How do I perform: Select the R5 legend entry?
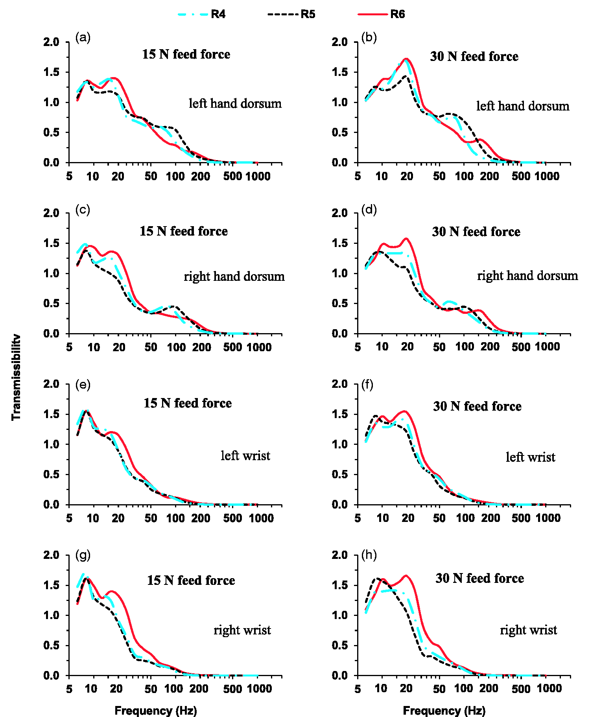coord(291,14)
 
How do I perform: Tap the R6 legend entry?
coord(381,14)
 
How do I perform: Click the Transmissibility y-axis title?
coord(16,377)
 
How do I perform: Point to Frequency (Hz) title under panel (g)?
coord(156,710)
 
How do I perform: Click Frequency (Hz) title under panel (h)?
coord(444,710)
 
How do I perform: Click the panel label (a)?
coord(83,38)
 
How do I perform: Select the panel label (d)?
coord(369,210)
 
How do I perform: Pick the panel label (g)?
coord(83,555)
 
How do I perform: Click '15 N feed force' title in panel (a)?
coord(186,54)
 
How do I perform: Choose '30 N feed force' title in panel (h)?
coord(480,578)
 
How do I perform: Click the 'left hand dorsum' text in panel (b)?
coord(523,106)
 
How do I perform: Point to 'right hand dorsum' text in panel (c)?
coord(234,276)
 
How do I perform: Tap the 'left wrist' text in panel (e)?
coord(245,455)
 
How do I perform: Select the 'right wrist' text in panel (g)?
coord(242,630)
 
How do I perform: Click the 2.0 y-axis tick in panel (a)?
coord(51,42)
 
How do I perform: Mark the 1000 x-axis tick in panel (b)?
coord(547,176)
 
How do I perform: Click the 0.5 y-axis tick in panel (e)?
coord(51,474)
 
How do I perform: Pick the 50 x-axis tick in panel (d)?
coord(439,347)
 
